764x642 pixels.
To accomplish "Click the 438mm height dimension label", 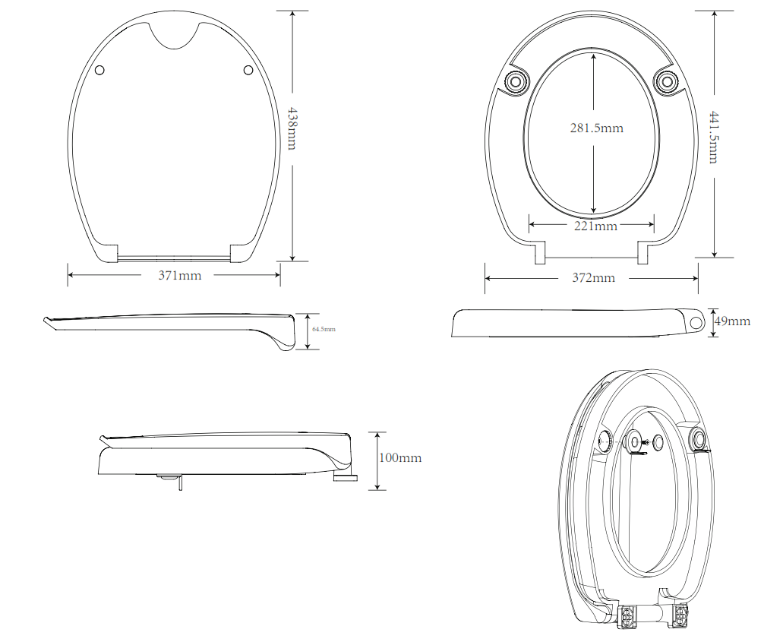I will coord(292,127).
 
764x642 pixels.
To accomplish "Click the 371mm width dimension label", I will coord(180,276).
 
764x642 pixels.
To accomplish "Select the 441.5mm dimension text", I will coord(714,136).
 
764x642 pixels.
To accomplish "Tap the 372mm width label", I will coord(593,278).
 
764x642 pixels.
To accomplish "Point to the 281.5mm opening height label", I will coord(596,128).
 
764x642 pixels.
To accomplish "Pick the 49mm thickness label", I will coord(732,321).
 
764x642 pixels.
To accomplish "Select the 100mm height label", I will coord(399,458).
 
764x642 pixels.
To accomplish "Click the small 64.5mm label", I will coord(324,330).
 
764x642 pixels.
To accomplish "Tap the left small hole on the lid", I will coord(101,71).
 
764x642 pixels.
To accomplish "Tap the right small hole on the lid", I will coord(248,71).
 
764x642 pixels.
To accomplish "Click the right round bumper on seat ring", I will coord(667,81).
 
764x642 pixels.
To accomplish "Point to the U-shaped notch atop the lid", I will coord(174,35).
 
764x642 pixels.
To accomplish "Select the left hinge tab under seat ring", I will coord(540,253).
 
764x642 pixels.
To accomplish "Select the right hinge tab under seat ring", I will coord(642,253).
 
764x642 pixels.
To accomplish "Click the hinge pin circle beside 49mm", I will coord(696,322).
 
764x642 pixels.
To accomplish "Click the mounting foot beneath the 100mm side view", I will coord(346,476).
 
